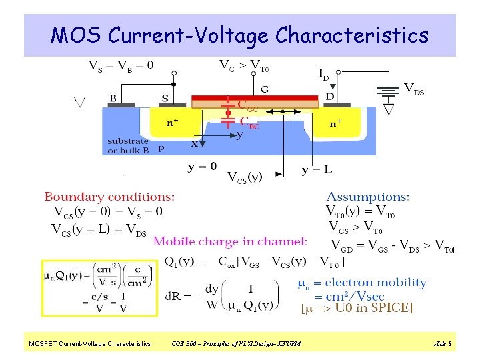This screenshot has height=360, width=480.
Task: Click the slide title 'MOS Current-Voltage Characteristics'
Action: (x=240, y=35)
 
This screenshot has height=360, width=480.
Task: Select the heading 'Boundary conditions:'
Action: (x=110, y=197)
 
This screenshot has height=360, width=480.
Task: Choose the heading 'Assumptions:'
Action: (x=368, y=197)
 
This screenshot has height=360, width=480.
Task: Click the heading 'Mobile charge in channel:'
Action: (x=231, y=241)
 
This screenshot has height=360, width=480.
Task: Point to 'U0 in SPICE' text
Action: (x=374, y=307)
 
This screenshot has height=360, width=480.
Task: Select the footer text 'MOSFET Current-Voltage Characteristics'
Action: (x=89, y=344)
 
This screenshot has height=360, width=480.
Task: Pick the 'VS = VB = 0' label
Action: (x=121, y=65)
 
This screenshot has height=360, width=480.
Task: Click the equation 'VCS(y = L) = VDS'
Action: (x=99, y=229)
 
